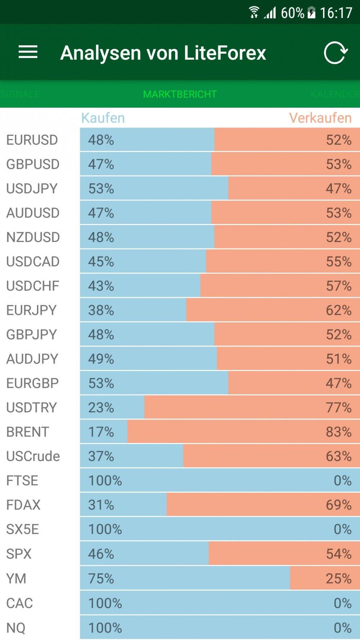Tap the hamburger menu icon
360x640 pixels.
pos(28,52)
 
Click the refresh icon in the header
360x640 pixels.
pos(335,53)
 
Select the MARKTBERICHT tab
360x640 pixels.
pos(180,94)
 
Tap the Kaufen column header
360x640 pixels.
pos(103,118)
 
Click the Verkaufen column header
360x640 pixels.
pos(320,118)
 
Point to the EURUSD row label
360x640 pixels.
pos(32,140)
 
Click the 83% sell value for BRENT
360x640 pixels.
pos(338,432)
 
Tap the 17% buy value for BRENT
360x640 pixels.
pos(101,432)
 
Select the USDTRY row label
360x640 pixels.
pos(32,408)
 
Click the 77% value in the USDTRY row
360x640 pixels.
pos(338,408)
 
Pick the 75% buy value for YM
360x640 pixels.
pos(101,578)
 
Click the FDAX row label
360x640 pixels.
pos(23,505)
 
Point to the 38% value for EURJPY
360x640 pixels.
pos(101,310)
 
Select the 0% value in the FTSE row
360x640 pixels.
pos(342,480)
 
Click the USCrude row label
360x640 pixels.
pos(33,456)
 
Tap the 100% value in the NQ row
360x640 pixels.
pos(105,628)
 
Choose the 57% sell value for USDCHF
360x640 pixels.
pos(338,286)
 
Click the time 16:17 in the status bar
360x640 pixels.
pos(336,13)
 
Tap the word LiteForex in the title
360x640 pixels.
pos(225,53)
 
